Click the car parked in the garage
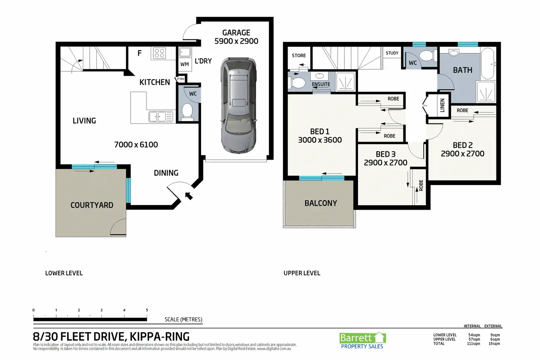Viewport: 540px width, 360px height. pos(238,105)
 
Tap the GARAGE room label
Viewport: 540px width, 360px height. pos(236,33)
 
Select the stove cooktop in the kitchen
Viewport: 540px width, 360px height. pos(159,53)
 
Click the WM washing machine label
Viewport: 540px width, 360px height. pos(185,64)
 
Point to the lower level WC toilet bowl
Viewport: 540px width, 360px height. pos(187,112)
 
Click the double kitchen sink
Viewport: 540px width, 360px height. pos(161,117)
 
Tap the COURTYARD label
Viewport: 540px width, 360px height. pos(92,205)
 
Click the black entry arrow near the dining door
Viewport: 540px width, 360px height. pos(189,196)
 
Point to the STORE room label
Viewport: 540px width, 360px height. pos(299,55)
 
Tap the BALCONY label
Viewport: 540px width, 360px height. pos(321,203)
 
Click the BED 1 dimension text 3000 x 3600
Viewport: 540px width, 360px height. pos(320,140)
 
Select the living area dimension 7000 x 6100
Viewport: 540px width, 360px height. pos(136,145)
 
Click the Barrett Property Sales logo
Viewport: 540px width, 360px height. pos(362,341)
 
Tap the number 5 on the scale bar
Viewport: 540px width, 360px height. pos(147,310)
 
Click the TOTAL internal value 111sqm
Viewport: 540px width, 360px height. pos(474,343)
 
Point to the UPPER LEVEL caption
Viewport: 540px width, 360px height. pos(302,273)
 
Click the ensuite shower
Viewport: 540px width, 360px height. pos(346,82)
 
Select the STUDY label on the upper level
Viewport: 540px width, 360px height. pos(392,53)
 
